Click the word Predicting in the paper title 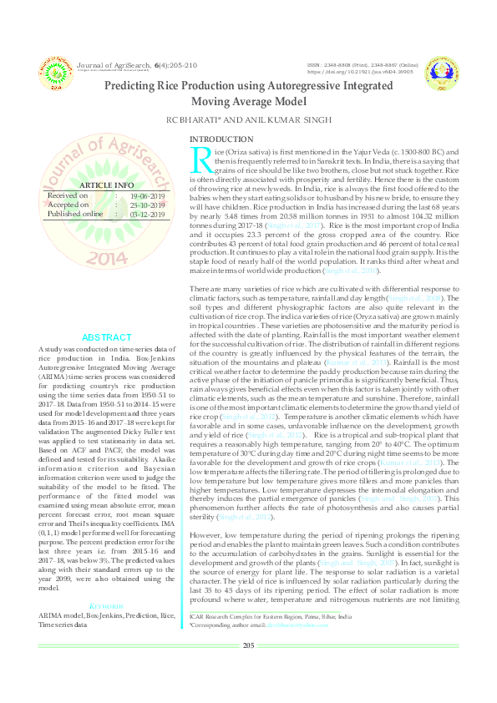pos(131,85)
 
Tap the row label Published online pos(76,214)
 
